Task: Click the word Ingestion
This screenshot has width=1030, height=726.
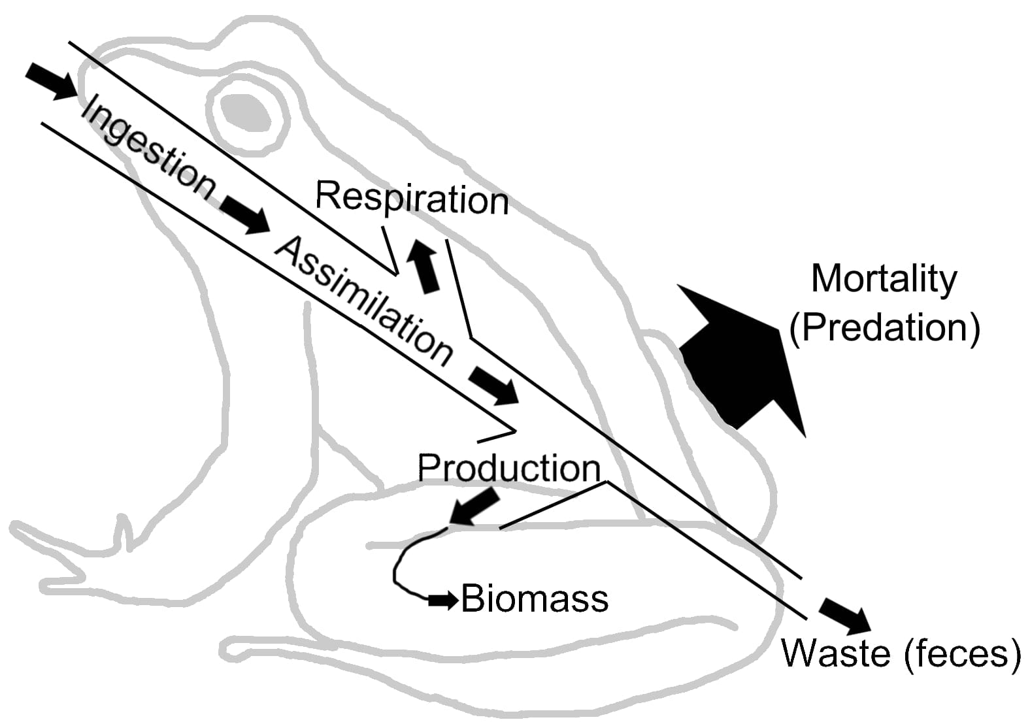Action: pos(147,147)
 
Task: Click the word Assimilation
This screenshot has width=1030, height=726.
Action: pos(363,301)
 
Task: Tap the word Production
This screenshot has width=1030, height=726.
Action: pos(508,468)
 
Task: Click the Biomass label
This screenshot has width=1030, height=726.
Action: pos(535,599)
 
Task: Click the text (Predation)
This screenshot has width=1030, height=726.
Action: pos(884,327)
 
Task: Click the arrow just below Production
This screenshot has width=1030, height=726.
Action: pos(474,507)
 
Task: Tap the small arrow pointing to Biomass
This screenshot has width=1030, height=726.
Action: pos(443,600)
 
